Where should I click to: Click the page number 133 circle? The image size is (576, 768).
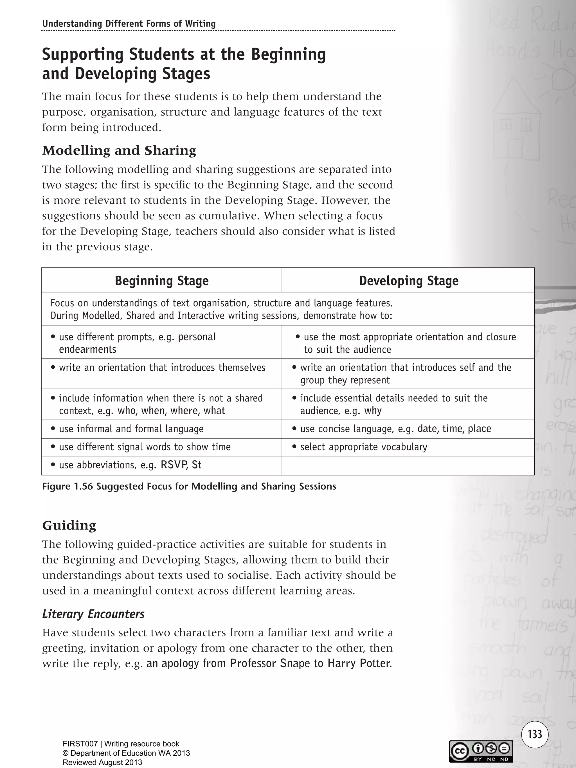[535, 734]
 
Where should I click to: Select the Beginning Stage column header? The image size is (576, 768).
[161, 281]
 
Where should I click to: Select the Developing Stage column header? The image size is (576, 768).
[408, 281]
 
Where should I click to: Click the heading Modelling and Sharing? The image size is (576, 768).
[119, 150]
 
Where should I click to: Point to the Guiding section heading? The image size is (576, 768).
[69, 525]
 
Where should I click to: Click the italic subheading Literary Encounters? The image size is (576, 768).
[93, 614]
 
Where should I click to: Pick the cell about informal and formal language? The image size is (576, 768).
[131, 429]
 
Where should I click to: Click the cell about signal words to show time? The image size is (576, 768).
[145, 447]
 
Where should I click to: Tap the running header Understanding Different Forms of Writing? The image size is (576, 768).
[129, 24]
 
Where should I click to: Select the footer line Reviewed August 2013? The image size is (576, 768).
[102, 762]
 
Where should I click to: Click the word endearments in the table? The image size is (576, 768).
[87, 349]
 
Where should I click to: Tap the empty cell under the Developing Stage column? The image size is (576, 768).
[407, 465]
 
